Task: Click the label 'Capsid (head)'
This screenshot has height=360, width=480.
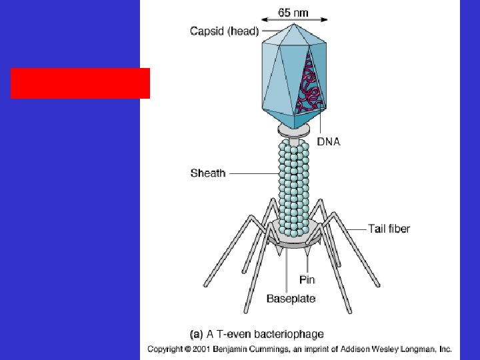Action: click(x=224, y=31)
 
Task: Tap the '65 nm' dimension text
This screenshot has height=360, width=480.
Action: click(x=293, y=13)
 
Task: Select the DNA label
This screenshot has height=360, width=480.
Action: click(x=328, y=141)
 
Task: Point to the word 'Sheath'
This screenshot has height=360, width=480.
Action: click(x=208, y=173)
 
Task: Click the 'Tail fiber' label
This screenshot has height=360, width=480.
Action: click(x=389, y=229)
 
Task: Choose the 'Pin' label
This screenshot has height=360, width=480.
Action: click(x=307, y=280)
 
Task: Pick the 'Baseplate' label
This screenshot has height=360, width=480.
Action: click(x=291, y=299)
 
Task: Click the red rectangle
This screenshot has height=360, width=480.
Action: click(x=80, y=83)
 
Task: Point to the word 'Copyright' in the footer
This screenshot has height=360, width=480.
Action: click(x=167, y=349)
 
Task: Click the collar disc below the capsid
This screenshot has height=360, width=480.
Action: click(x=294, y=130)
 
